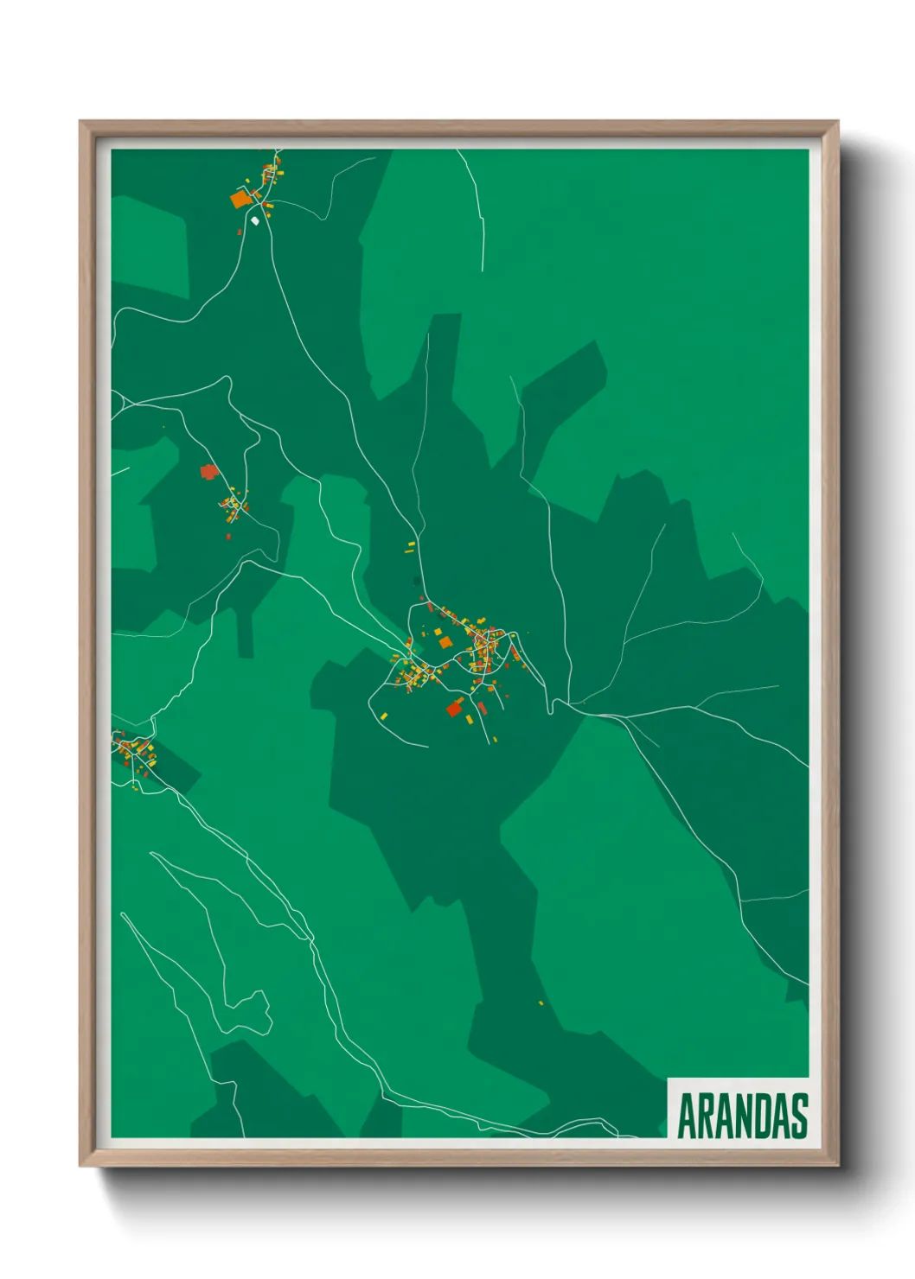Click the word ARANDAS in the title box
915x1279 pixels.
[742, 1116]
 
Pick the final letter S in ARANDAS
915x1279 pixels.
[800, 1116]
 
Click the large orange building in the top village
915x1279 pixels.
[240, 200]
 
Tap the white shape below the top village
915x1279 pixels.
[255, 220]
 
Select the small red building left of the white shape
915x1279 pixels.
[240, 232]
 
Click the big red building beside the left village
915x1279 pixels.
[208, 471]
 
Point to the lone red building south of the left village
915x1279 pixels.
[228, 537]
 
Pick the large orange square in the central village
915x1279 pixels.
[445, 641]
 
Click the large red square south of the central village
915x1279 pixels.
[454, 709]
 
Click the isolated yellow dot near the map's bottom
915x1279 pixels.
[541, 1002]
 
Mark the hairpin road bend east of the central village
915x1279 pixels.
[551, 709]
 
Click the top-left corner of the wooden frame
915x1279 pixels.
[81, 123]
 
